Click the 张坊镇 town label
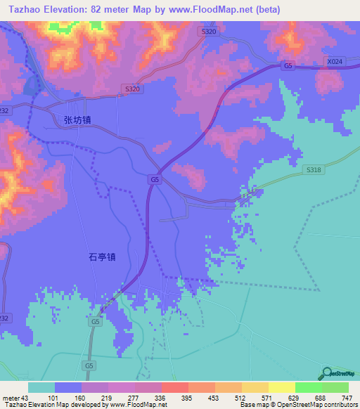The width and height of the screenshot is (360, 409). pyautogui.click(x=77, y=120)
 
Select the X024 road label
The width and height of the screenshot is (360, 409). pyautogui.click(x=335, y=62)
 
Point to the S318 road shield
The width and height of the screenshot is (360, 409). pyautogui.click(x=313, y=170)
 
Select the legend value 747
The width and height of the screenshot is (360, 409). pyautogui.click(x=345, y=398)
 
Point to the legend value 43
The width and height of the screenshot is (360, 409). pyautogui.click(x=27, y=398)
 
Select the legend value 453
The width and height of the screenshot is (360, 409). pyautogui.click(x=211, y=398)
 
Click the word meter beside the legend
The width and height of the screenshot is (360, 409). pyautogui.click(x=11, y=398)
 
